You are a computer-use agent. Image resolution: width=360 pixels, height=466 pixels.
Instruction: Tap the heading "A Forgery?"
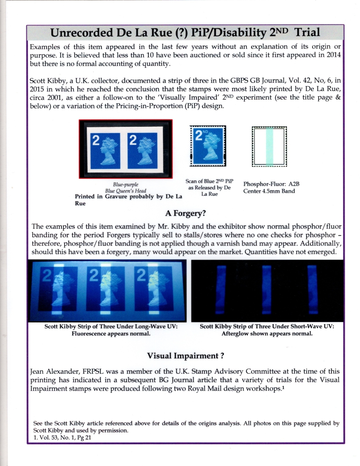coord(185,213)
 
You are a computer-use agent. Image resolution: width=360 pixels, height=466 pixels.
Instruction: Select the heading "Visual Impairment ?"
coord(185,355)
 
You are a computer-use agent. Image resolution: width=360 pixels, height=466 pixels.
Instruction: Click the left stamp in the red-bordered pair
coord(106,150)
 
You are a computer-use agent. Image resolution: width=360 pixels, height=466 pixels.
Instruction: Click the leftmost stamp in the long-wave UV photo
coord(56,292)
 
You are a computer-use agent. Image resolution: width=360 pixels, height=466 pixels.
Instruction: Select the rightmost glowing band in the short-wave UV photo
coord(312,290)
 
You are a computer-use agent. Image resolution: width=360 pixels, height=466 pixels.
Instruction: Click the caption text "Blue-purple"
coord(125,185)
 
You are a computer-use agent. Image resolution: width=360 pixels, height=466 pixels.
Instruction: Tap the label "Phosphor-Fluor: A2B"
coord(269,184)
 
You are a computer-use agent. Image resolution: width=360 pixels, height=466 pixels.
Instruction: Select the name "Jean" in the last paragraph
coord(38,371)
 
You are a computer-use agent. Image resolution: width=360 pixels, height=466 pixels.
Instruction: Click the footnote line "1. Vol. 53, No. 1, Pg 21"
coord(62,438)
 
